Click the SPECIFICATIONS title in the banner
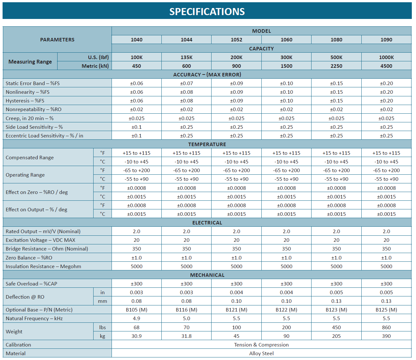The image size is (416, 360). pos(207,12)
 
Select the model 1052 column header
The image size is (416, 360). pos(236,40)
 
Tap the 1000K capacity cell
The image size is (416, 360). pos(386,57)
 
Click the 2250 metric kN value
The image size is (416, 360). pos(336,66)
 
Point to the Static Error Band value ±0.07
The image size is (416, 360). pos(186,83)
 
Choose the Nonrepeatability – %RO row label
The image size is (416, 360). pos(33,109)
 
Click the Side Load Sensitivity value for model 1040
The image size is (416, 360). pos(136,127)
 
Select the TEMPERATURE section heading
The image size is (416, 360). pos(207,144)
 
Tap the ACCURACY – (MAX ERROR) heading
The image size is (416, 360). pos(207,75)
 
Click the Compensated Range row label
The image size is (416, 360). pos(30,157)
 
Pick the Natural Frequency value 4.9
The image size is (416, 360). pos(136,318)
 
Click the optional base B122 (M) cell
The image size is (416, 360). pos(286,310)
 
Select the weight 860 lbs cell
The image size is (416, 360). pos(386,327)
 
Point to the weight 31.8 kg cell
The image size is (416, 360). pos(186,336)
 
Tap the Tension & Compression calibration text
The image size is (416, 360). pos(261,345)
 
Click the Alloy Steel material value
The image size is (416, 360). pos(261,353)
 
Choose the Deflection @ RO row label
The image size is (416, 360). pos(25,297)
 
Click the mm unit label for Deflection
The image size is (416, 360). pos(103,301)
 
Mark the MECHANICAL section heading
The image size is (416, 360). pos(207,275)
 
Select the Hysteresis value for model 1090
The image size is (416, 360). pos(386,101)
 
